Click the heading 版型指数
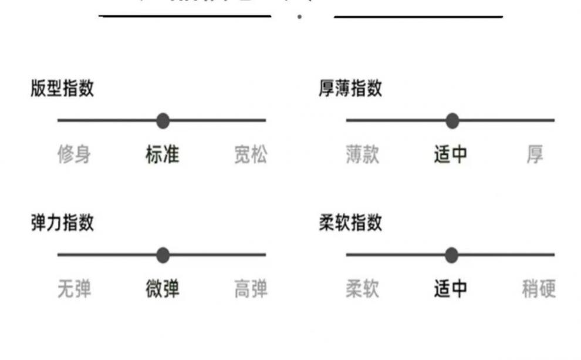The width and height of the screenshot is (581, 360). tap(62, 89)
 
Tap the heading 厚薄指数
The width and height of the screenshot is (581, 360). tap(350, 89)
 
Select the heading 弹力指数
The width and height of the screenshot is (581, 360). tap(62, 223)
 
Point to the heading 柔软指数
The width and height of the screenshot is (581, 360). tap(350, 223)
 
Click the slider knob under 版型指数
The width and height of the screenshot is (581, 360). tap(163, 121)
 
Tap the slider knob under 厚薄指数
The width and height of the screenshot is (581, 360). tap(452, 121)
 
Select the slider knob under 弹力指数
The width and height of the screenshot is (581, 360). tap(163, 255)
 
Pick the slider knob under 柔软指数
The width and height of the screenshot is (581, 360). tap(451, 255)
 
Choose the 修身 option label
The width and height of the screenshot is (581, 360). tap(74, 155)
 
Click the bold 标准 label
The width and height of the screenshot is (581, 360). tap(163, 155)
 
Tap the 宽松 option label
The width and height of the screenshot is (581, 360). tap(251, 155)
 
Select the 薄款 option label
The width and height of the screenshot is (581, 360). tap(363, 155)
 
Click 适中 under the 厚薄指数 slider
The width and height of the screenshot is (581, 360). tap(451, 155)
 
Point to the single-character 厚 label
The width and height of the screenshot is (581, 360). tap(535, 155)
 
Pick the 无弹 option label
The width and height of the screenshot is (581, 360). tap(74, 290)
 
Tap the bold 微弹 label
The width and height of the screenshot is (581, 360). tap(163, 290)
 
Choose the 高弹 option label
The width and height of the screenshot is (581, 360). tap(251, 290)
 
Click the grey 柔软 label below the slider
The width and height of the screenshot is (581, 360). tap(363, 290)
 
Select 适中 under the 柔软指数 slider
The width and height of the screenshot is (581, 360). tap(451, 290)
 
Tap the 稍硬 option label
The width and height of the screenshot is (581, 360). tap(539, 290)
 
